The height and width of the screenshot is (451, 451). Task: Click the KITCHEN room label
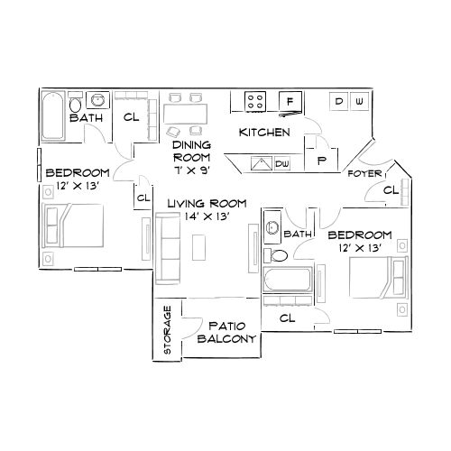(x=263, y=133)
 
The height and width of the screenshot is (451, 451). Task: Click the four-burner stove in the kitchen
(x=256, y=101)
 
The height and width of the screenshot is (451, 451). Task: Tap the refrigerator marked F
(x=290, y=102)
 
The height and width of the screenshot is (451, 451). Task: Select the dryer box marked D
(x=340, y=101)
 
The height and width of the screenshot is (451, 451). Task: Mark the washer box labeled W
(x=359, y=101)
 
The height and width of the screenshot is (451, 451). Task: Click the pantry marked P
(x=320, y=158)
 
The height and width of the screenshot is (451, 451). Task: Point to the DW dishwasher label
(x=282, y=163)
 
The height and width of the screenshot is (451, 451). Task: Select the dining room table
(x=185, y=115)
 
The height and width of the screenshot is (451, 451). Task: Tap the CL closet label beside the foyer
(x=390, y=190)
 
